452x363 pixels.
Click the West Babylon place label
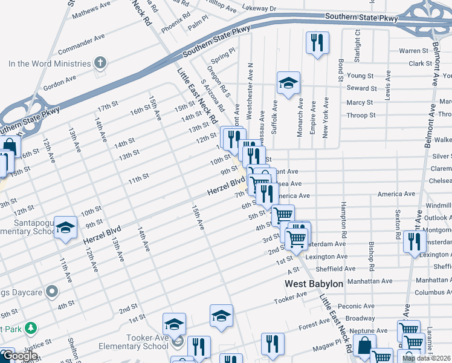pyautogui.click(x=314, y=284)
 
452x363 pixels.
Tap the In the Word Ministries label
pyautogui.click(x=50, y=64)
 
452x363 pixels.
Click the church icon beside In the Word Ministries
pyautogui.click(x=100, y=63)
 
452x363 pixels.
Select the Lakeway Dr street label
pyautogui.click(x=259, y=9)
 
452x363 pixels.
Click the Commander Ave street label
pyautogui.click(x=81, y=46)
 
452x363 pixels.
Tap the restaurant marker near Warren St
pyautogui.click(x=317, y=44)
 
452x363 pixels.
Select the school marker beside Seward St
pyautogui.click(x=288, y=83)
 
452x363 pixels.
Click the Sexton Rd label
pyautogui.click(x=398, y=224)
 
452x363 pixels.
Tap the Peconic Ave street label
pyautogui.click(x=357, y=307)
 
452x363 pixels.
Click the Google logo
pyautogui.click(x=20, y=356)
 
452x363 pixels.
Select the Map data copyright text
pyautogui.click(x=427, y=358)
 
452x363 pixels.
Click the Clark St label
pyautogui.click(x=420, y=64)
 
